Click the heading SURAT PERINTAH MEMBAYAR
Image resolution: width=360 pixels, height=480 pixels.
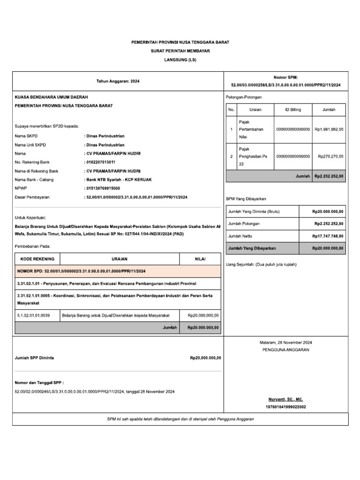pos(180,51)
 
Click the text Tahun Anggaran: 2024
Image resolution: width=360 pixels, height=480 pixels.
pos(118,81)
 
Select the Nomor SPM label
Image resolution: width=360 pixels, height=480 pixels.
pos(285,77)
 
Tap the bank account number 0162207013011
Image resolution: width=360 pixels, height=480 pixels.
pos(101,162)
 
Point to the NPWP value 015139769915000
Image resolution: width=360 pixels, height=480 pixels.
pos(103,188)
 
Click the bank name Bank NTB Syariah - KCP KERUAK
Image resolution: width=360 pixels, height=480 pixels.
pos(118,180)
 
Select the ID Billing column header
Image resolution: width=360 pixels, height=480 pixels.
pos(293,110)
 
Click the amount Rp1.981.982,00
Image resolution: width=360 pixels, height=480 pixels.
pos(329,129)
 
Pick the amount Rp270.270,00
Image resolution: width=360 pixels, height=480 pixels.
pos(330,156)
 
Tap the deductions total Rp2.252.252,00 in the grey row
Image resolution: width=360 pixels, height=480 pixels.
pos(329,176)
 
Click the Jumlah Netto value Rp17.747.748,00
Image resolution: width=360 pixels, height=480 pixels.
pos(328,236)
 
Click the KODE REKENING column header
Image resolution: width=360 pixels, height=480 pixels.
pos(37,259)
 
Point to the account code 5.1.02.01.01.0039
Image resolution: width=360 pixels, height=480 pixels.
pos(33,315)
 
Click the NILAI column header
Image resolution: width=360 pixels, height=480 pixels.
pos(200,259)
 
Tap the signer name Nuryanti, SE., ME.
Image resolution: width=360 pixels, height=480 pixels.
pos(285,399)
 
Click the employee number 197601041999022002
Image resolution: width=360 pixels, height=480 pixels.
pos(285,407)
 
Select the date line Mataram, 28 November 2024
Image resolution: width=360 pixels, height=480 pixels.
pos(285,343)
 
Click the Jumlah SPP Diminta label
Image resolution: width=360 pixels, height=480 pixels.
pos(34,358)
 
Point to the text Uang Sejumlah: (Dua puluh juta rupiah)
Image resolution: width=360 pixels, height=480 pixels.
pos(261,264)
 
